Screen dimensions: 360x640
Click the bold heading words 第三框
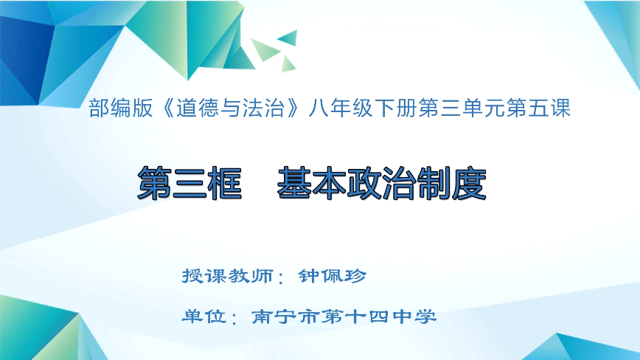[x=190, y=182]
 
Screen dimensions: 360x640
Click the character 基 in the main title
[x=295, y=182]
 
